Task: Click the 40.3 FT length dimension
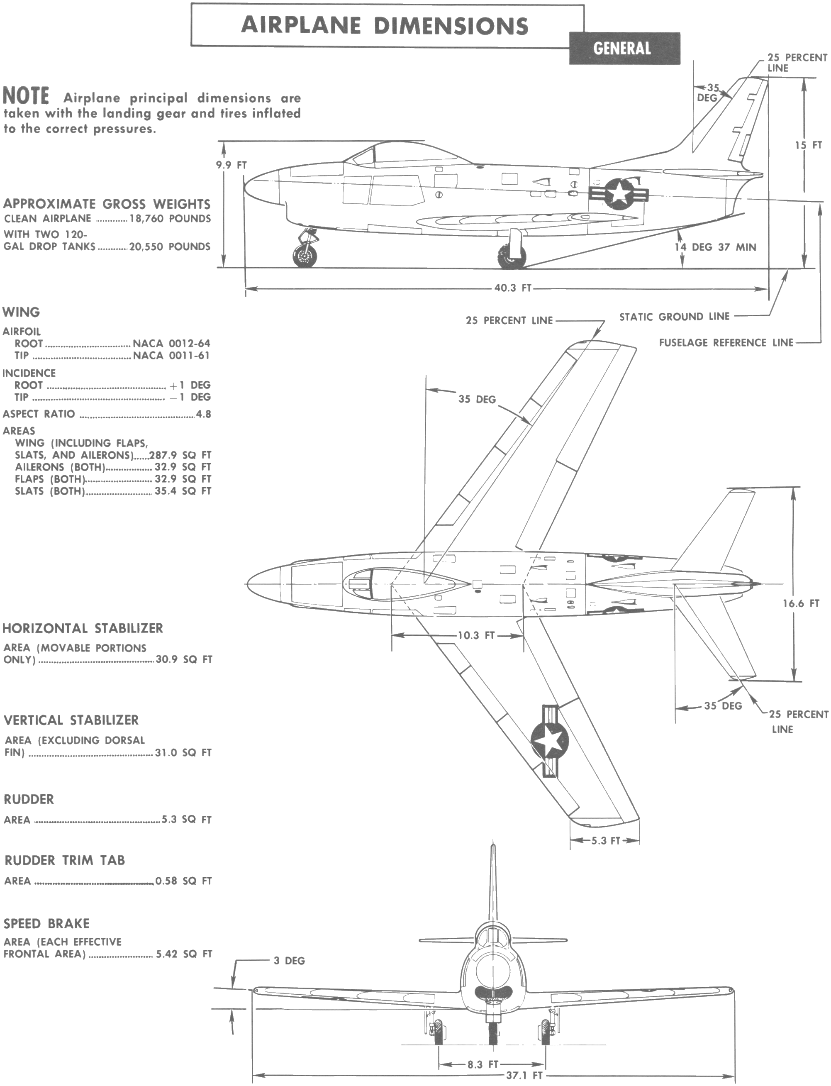pyautogui.click(x=513, y=288)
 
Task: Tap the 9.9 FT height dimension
pyautogui.click(x=231, y=165)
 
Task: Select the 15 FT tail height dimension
pyautogui.click(x=808, y=145)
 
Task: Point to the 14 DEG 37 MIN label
pyautogui.click(x=715, y=247)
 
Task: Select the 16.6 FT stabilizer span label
pyautogui.click(x=801, y=604)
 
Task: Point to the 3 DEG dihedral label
pyautogui.click(x=289, y=961)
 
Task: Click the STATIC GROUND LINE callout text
pyautogui.click(x=674, y=317)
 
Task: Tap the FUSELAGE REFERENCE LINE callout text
pyautogui.click(x=726, y=342)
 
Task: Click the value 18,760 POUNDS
pyautogui.click(x=170, y=219)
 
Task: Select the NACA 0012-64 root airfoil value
pyautogui.click(x=171, y=343)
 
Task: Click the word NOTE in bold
pyautogui.click(x=26, y=95)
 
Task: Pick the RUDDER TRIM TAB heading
pyautogui.click(x=64, y=860)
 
